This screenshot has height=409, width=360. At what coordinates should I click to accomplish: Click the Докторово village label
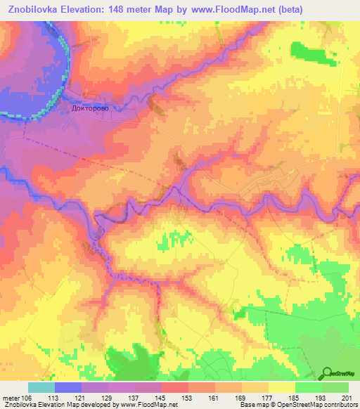92,109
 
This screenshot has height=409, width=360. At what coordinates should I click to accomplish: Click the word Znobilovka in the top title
37,9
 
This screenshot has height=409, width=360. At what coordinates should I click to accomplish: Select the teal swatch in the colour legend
41,388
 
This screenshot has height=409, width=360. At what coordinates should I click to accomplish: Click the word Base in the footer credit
247,404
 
